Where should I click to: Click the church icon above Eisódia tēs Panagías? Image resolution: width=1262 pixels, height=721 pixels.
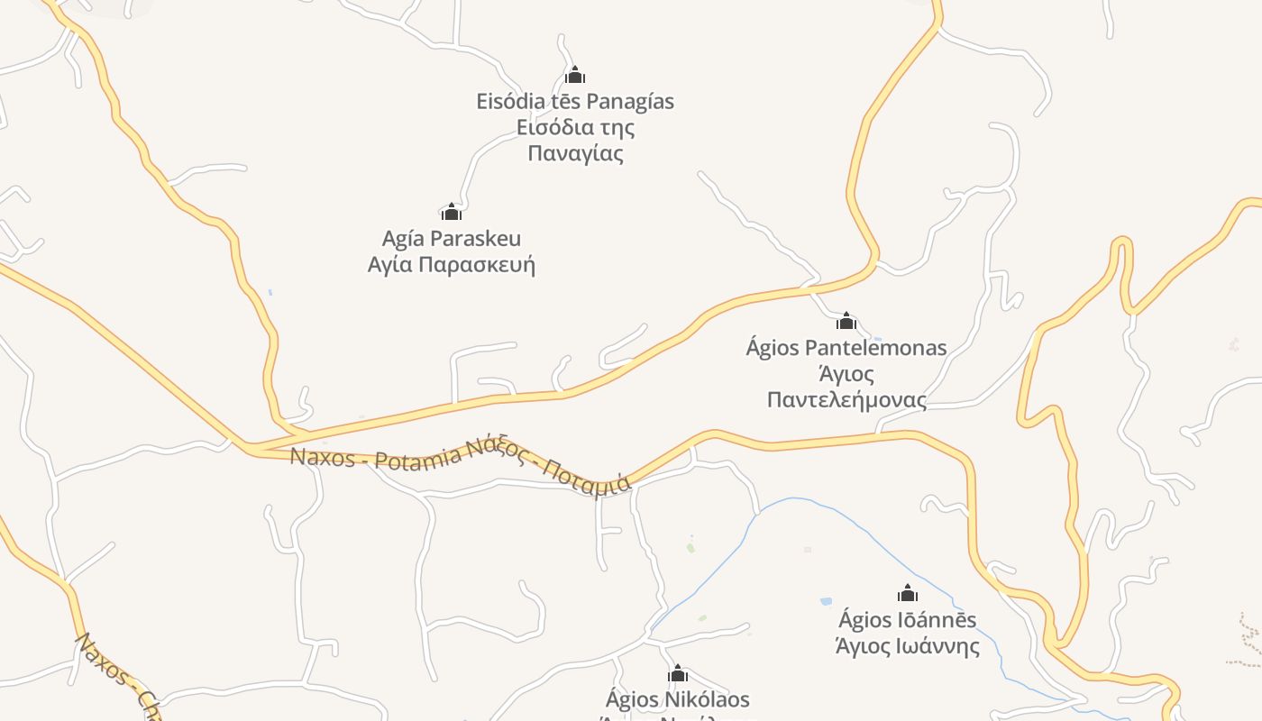point(575,75)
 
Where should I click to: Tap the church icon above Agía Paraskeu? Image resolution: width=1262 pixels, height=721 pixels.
point(452,212)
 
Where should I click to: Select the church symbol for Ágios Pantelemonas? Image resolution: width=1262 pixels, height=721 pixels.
point(846,321)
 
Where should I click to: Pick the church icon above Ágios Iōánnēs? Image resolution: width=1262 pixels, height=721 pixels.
point(908,593)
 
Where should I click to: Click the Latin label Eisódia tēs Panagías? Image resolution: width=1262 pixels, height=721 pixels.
point(575,101)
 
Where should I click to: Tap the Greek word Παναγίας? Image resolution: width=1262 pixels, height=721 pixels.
point(575,153)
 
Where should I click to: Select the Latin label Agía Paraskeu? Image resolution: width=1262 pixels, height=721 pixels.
point(452,239)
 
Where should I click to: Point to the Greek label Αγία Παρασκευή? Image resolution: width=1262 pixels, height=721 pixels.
point(452,265)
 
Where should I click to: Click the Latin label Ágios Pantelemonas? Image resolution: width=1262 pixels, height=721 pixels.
point(846,348)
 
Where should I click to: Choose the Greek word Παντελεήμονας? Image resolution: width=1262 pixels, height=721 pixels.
point(846,399)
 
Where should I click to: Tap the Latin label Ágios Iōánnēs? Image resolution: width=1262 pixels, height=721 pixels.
point(908,620)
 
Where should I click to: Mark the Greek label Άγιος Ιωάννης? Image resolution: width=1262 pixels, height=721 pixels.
point(908,646)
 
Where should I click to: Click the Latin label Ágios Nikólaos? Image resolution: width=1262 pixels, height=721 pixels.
point(678,699)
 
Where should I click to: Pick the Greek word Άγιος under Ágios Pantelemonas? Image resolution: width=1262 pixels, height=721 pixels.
point(846,373)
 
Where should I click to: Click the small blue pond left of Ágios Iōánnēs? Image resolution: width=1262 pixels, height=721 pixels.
point(826,601)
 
